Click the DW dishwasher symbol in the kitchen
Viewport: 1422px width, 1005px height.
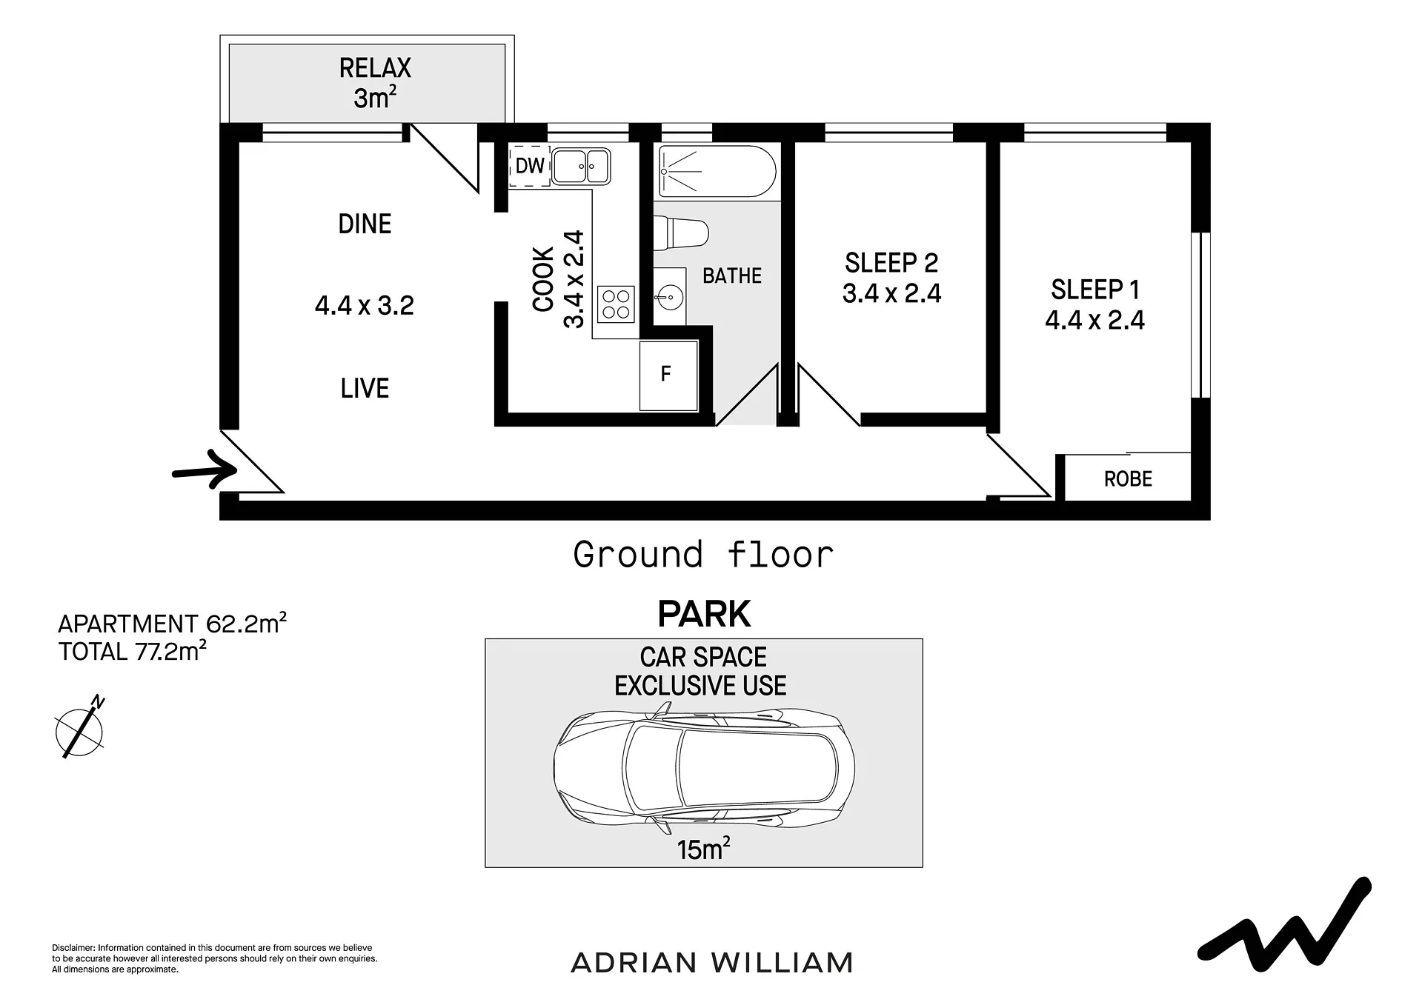[x=530, y=166]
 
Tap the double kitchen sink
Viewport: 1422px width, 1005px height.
[x=582, y=167]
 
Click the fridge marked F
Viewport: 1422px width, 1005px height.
[x=668, y=375]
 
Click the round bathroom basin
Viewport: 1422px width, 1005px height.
[x=668, y=297]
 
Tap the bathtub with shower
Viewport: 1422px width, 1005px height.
[x=717, y=171]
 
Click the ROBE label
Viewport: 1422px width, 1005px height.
[x=1128, y=479]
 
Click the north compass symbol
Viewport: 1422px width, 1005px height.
[x=80, y=728]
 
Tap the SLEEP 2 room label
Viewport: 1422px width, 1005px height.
[x=891, y=263]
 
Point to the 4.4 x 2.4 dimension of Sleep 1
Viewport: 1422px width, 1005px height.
[x=1094, y=320]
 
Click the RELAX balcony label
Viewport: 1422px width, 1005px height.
[x=375, y=68]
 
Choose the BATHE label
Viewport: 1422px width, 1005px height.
[x=732, y=276]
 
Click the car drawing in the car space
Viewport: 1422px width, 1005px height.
[x=704, y=768]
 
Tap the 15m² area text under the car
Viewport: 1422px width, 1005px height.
[x=703, y=849]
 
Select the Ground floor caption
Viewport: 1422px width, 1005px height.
[x=703, y=555]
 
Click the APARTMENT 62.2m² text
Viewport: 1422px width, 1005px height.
[x=172, y=624]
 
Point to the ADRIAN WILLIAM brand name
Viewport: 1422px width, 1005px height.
[x=712, y=963]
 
